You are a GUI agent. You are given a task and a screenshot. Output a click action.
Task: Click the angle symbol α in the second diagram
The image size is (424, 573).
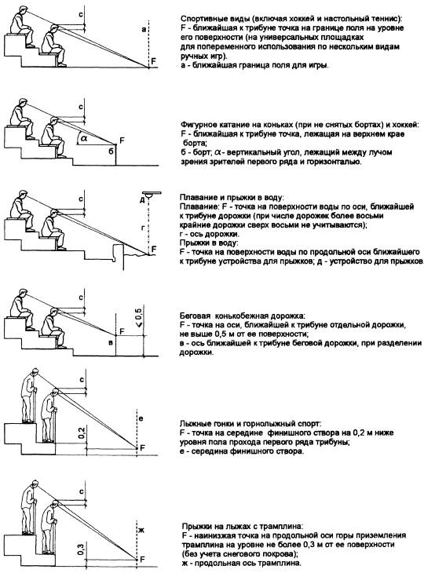(84, 138)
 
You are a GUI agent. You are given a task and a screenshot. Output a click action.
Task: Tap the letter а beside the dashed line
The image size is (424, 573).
(144, 29)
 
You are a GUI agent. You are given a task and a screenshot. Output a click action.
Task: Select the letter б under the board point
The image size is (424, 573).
(111, 151)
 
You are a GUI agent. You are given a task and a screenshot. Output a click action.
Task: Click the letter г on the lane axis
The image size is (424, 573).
(143, 228)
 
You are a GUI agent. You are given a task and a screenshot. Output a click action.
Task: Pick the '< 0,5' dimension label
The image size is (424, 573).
(138, 318)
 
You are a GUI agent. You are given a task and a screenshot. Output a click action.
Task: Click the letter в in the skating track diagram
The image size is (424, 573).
(111, 342)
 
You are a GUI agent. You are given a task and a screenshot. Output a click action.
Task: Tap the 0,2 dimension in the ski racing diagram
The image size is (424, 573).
(82, 433)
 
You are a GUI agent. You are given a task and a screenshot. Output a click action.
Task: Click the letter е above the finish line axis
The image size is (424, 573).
(141, 419)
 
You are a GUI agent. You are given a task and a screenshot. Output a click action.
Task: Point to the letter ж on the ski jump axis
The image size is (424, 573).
(142, 530)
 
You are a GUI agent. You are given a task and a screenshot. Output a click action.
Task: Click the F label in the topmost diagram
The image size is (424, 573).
(154, 61)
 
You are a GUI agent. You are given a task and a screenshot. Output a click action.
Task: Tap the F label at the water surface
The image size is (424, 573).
(154, 249)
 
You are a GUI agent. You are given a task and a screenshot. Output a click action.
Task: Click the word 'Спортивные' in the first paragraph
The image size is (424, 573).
(199, 19)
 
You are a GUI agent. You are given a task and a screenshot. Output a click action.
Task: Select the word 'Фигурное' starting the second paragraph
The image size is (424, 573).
(196, 125)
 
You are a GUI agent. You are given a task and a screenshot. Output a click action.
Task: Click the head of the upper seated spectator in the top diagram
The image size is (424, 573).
(21, 11)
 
